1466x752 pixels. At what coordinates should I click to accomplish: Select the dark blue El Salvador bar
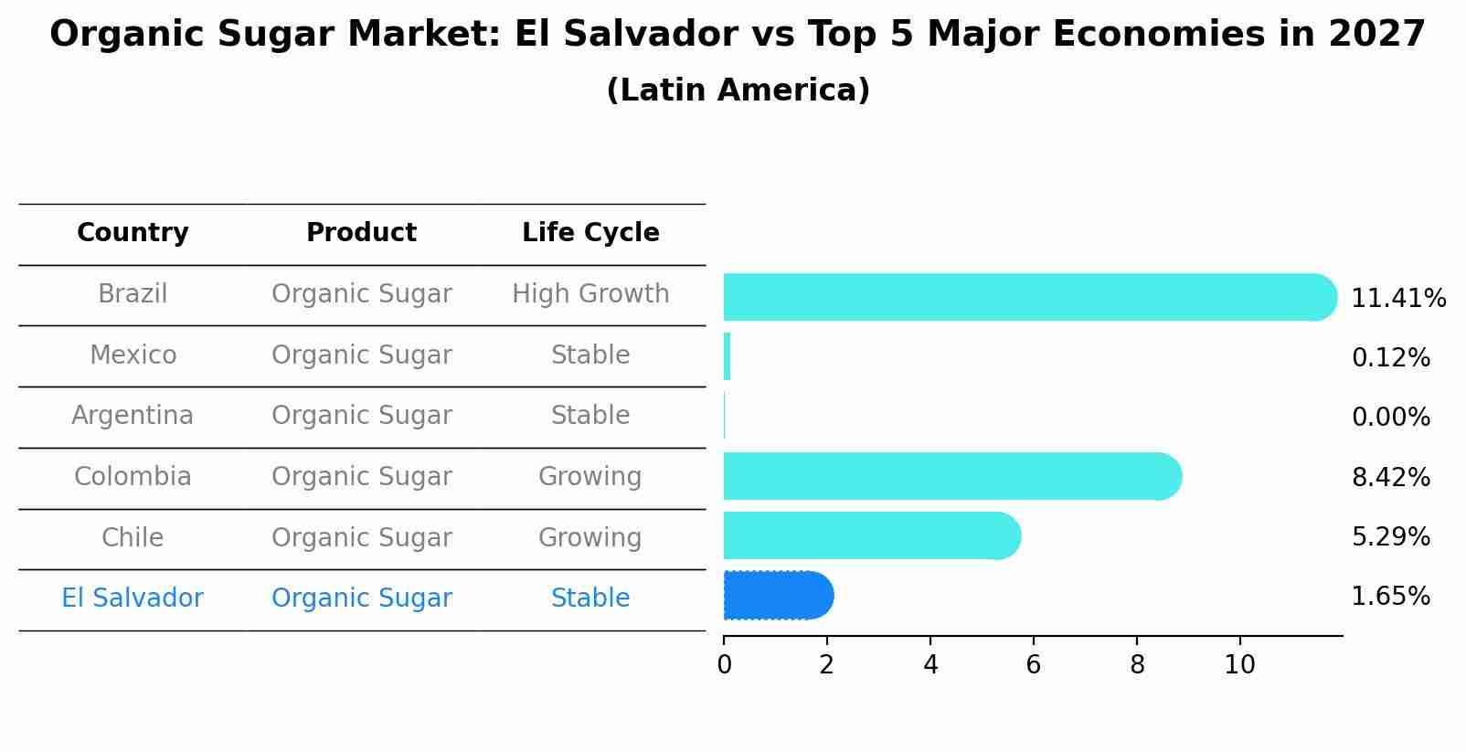(x=777, y=596)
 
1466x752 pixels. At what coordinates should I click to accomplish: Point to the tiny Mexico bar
(x=728, y=356)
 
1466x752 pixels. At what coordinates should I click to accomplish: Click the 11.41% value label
(x=1397, y=299)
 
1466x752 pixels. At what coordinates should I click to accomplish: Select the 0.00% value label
(x=1390, y=418)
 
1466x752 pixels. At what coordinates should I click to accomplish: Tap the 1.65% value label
(x=1390, y=597)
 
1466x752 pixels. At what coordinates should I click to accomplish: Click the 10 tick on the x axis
(x=1239, y=664)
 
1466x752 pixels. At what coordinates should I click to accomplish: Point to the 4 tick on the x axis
(x=930, y=664)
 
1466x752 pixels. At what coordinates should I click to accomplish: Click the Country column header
(x=133, y=233)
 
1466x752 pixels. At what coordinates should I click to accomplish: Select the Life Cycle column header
(x=590, y=233)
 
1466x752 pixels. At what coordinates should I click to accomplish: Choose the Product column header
(x=361, y=233)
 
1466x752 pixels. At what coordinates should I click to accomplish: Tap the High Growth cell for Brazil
(x=590, y=294)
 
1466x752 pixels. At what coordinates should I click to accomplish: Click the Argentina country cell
(x=133, y=416)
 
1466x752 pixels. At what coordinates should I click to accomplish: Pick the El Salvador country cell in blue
(x=133, y=598)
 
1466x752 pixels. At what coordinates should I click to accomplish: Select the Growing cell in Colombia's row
(x=590, y=477)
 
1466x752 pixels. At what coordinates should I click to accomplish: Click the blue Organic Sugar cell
(x=361, y=598)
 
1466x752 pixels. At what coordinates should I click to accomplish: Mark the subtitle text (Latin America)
(x=738, y=90)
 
